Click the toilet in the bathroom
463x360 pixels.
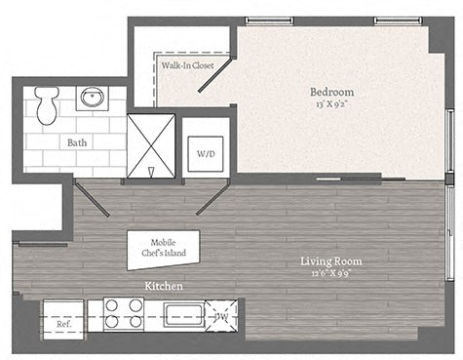(x=46, y=101)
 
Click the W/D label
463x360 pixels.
(x=207, y=154)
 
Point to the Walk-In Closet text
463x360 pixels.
(x=187, y=65)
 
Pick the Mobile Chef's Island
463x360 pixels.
(x=163, y=249)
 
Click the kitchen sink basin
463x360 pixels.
(x=184, y=315)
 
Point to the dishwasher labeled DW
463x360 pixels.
(x=222, y=316)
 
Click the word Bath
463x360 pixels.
(x=77, y=141)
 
